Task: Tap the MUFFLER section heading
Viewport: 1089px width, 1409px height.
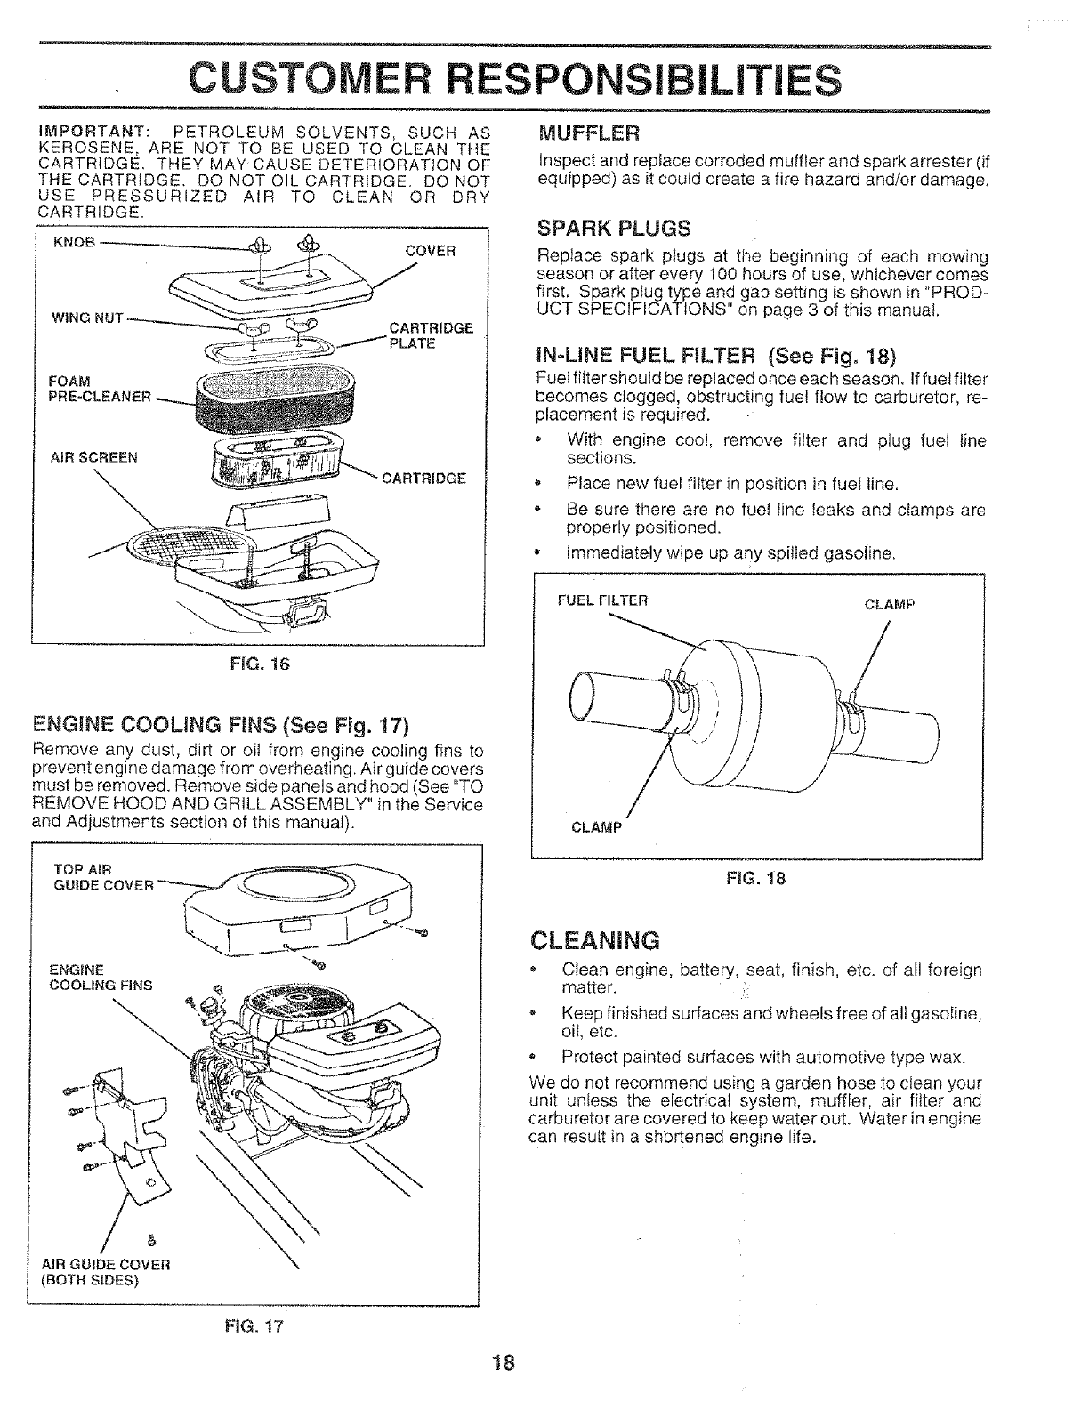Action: click(589, 133)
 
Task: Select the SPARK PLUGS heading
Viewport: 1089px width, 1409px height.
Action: click(615, 229)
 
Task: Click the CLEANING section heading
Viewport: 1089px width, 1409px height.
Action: click(594, 940)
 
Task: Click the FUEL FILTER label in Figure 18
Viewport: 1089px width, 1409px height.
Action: click(602, 600)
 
